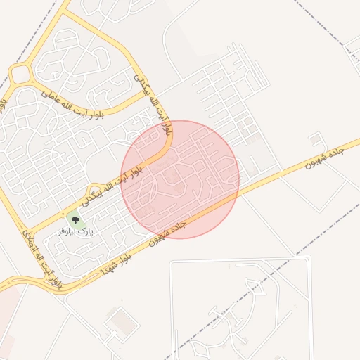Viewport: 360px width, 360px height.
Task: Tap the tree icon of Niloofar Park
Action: (75, 219)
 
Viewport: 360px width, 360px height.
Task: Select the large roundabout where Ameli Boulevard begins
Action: (21, 73)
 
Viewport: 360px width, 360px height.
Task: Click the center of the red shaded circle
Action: (180, 179)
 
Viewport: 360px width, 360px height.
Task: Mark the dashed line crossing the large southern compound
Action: (232, 309)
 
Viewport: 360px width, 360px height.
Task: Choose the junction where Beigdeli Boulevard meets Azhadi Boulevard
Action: (28, 232)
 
